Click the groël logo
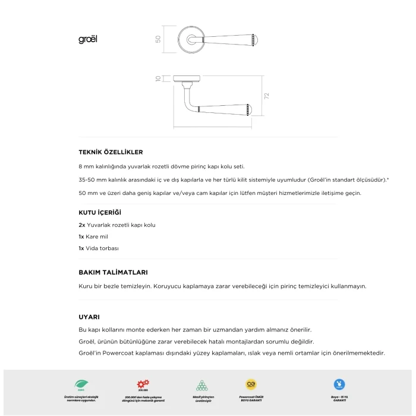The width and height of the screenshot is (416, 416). click(x=87, y=39)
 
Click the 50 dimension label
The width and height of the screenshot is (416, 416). click(x=158, y=39)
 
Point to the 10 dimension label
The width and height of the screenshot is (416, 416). click(x=158, y=78)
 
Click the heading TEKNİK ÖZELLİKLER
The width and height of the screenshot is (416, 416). click(x=111, y=152)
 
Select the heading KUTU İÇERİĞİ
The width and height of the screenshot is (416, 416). click(x=104, y=212)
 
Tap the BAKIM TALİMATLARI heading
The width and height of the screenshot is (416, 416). click(x=113, y=272)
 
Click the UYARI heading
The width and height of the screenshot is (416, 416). click(x=89, y=317)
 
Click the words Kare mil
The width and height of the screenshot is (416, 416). click(x=99, y=237)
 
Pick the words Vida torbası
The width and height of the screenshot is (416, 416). click(x=103, y=248)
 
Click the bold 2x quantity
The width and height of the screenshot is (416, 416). click(x=81, y=225)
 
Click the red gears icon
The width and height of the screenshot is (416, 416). click(x=143, y=384)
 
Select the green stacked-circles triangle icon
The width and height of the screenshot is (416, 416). click(x=202, y=385)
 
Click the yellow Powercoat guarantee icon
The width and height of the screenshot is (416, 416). click(x=251, y=385)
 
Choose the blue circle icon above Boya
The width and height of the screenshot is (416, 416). click(x=339, y=385)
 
